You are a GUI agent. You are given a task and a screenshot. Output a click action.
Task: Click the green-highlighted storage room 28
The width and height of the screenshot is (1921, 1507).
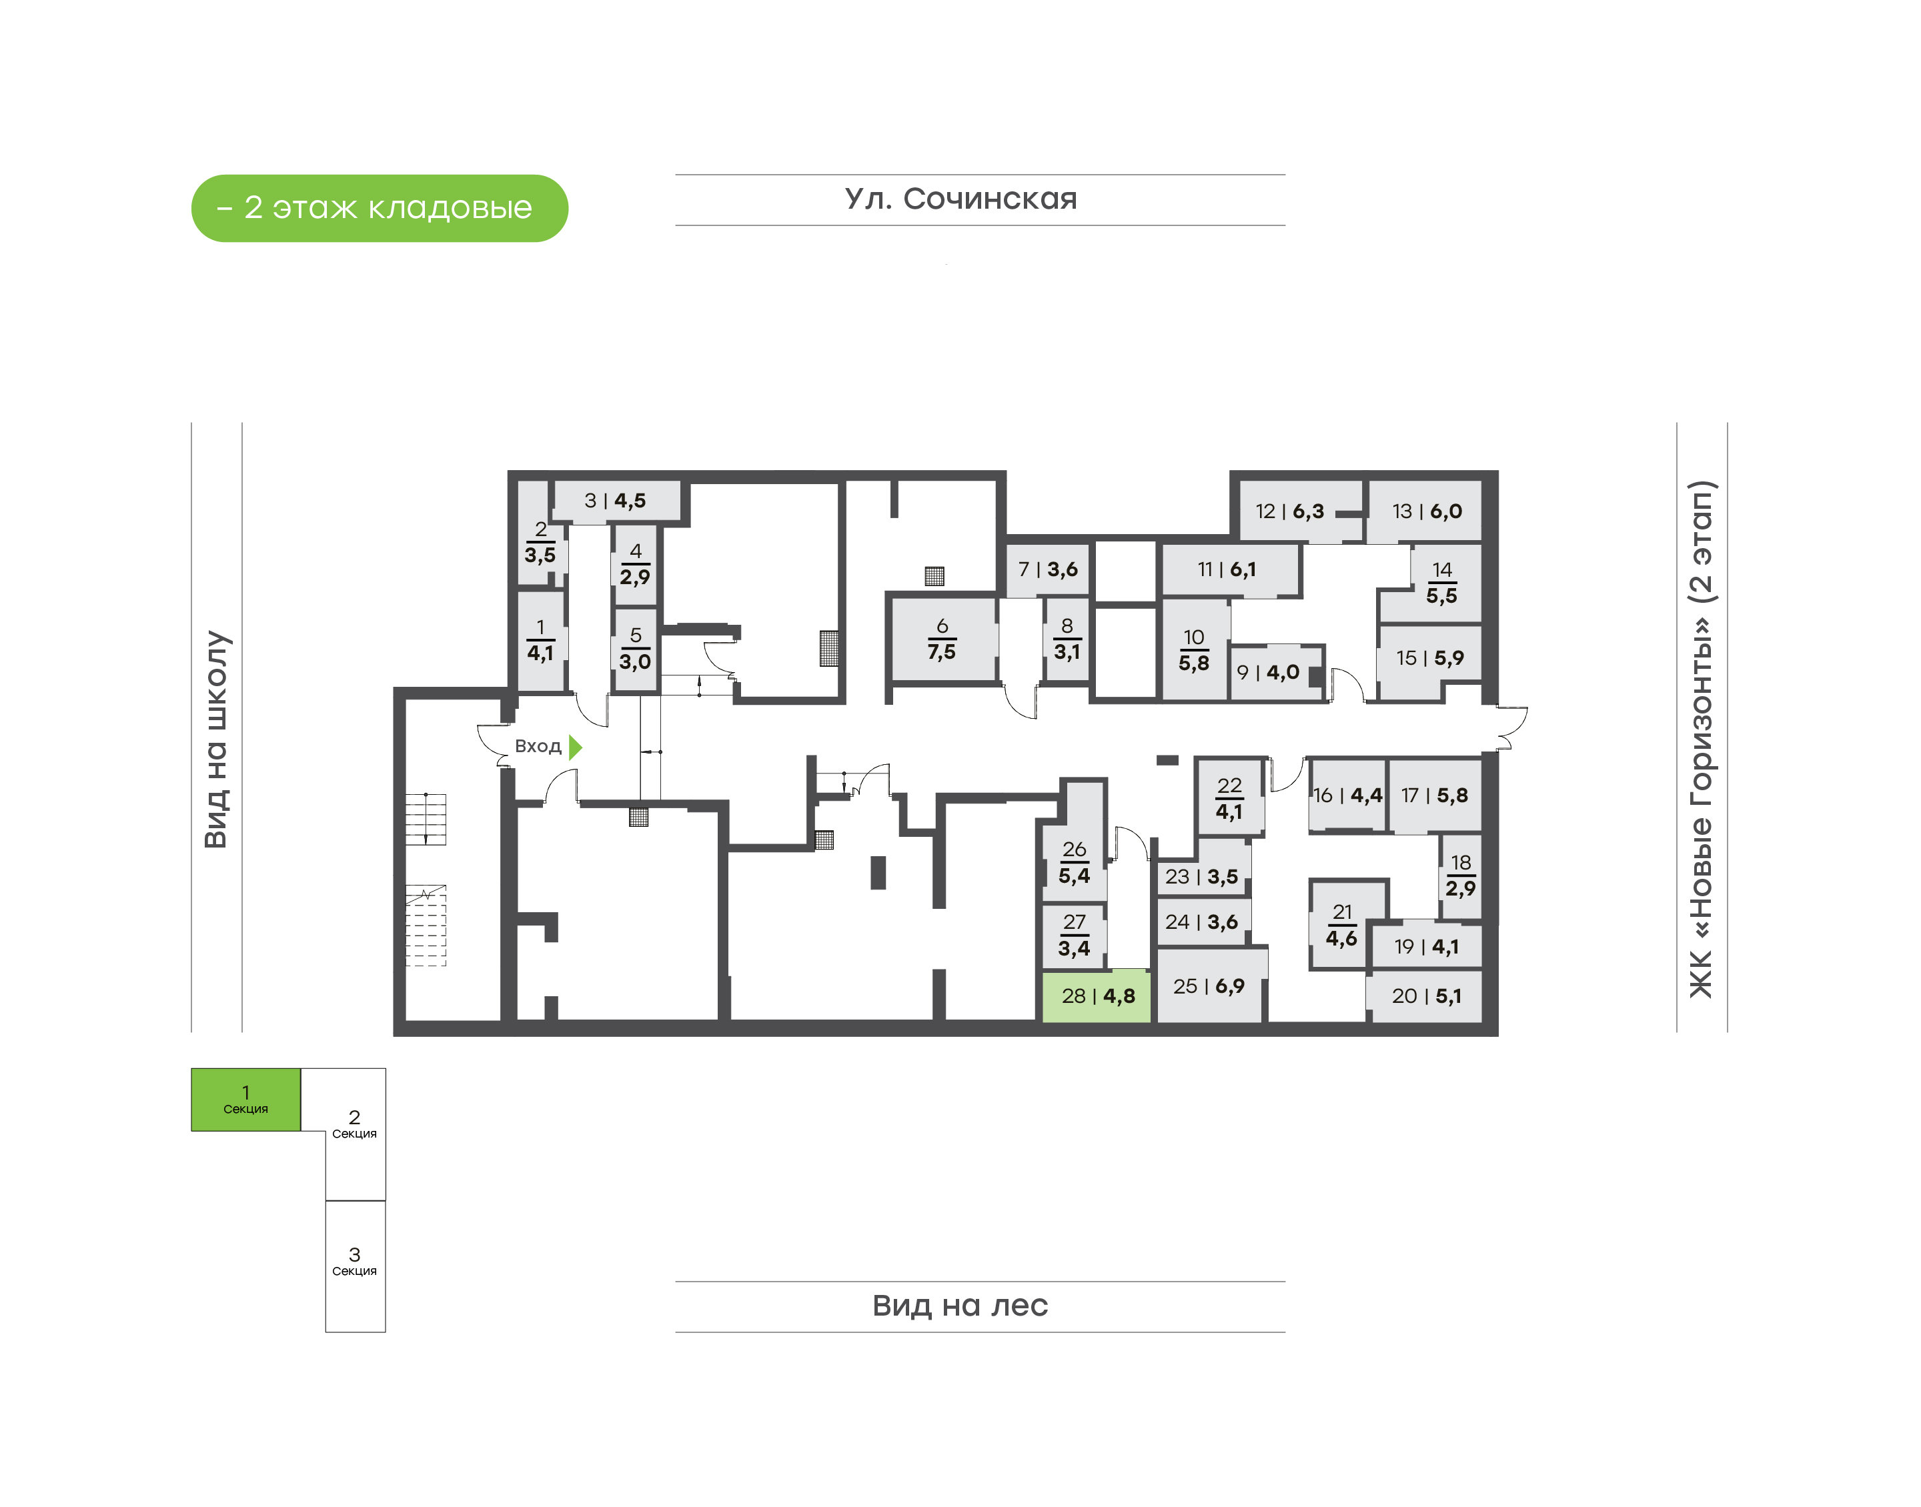(1096, 996)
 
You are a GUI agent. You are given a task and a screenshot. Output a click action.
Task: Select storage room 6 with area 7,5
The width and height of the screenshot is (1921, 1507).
(942, 639)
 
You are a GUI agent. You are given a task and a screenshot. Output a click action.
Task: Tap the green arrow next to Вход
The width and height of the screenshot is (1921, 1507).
(576, 747)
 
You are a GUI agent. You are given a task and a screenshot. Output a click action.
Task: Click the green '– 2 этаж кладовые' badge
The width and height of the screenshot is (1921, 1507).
(380, 208)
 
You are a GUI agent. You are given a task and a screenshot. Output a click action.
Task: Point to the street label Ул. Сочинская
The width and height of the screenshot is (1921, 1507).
(961, 199)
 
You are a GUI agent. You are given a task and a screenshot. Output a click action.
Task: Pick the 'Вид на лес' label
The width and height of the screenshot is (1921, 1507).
(960, 1306)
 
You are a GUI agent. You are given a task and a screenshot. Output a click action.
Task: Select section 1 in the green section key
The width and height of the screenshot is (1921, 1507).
(246, 1100)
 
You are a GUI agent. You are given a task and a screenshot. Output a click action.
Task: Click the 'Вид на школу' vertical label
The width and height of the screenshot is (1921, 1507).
(216, 739)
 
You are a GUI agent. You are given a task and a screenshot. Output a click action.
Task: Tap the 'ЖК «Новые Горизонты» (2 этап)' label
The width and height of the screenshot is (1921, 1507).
(1700, 739)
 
